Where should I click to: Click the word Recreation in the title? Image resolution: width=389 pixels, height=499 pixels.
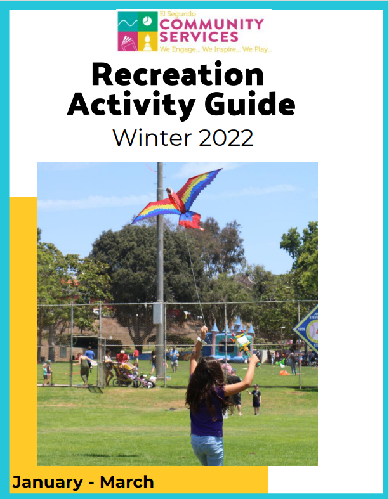(x=177, y=75)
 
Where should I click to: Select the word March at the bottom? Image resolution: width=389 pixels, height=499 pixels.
(x=127, y=482)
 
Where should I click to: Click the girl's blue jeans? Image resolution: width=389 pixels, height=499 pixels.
(x=208, y=448)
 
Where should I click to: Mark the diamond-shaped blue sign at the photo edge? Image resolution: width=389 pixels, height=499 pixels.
(x=307, y=330)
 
